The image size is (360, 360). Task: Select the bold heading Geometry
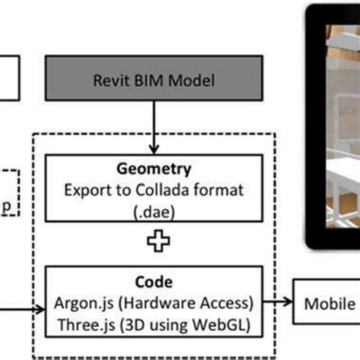pyautogui.click(x=155, y=168)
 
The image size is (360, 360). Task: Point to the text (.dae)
pyautogui.click(x=155, y=199)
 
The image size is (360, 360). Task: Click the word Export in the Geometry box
pyautogui.click(x=90, y=183)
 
